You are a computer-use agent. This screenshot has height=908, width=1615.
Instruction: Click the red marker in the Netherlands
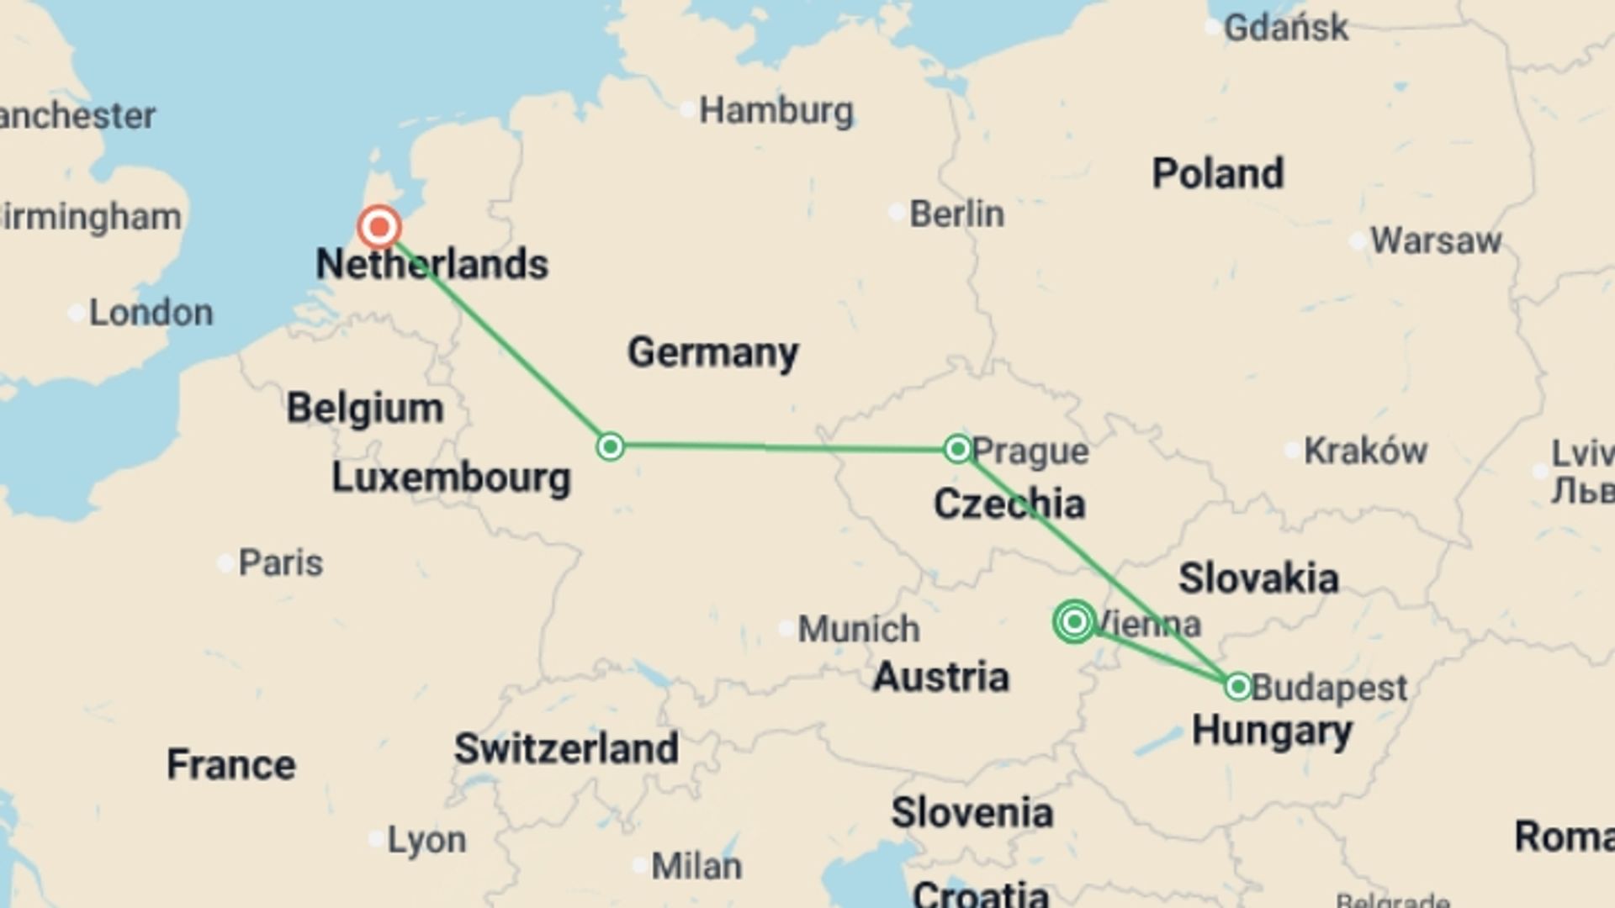click(379, 227)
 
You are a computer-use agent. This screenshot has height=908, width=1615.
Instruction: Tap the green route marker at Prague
click(957, 449)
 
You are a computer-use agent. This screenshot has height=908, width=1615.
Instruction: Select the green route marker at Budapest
click(1238, 687)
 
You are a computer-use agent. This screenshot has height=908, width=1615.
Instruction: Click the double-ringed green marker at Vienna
click(1074, 622)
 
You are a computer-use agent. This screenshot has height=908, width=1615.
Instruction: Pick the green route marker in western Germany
click(611, 446)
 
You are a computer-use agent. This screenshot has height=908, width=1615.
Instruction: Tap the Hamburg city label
click(776, 110)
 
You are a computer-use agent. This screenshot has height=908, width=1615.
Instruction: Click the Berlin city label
click(956, 214)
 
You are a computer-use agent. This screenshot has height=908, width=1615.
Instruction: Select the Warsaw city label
click(1435, 241)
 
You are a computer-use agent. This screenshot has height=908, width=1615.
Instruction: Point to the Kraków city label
click(1364, 451)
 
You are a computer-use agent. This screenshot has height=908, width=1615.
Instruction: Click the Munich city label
click(858, 629)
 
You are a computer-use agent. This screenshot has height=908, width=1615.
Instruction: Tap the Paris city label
click(280, 562)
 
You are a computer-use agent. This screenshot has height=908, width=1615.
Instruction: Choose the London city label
click(151, 313)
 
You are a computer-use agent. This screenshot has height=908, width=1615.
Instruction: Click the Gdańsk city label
click(1285, 28)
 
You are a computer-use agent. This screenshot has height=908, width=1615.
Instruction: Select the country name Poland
click(1217, 174)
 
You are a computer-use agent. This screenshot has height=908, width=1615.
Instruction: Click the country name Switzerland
click(566, 748)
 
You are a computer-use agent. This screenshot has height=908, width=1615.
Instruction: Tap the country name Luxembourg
click(451, 478)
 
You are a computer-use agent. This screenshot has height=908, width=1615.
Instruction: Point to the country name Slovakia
click(1258, 578)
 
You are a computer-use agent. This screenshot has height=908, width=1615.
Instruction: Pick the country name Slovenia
click(972, 813)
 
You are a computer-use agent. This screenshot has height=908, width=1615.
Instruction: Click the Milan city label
click(696, 866)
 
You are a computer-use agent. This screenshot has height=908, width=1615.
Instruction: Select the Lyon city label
click(426, 840)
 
